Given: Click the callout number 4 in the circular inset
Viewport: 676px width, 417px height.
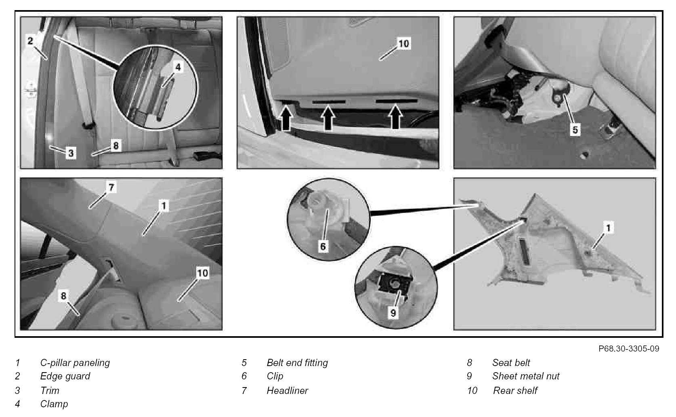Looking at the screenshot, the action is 178,67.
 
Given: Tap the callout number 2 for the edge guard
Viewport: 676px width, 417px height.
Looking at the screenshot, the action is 30,40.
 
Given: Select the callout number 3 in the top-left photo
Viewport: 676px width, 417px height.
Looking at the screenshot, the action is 71,153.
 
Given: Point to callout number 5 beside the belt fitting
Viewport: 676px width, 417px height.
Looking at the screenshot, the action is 575,130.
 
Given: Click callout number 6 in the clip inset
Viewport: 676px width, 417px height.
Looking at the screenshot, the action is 323,246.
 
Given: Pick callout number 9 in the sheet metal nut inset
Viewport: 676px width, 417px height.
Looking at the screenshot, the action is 393,312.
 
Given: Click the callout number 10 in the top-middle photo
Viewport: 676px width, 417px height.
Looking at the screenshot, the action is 404,43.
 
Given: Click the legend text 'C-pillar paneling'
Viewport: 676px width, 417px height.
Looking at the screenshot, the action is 75,363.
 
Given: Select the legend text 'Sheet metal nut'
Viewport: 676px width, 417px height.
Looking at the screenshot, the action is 526,376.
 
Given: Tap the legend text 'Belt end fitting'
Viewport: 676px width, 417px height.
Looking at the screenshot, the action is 297,363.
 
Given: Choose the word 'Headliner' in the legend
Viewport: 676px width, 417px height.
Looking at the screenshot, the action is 287,391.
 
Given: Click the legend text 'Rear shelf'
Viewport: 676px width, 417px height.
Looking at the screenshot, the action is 515,391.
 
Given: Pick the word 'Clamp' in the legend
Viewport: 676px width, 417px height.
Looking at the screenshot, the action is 54,404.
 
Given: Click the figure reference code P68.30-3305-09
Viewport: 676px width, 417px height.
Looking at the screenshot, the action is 629,348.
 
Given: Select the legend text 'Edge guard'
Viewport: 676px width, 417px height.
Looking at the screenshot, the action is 65,376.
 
